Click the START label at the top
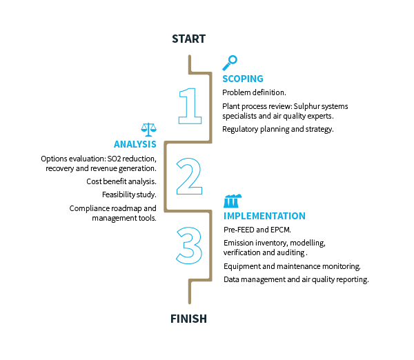coord(188,38)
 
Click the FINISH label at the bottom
coord(188,319)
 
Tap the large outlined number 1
coord(190,104)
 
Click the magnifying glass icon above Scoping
coord(229,63)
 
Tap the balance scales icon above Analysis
coord(148,129)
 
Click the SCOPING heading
coord(242,79)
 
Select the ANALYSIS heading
coord(135,145)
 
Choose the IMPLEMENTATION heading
coord(264,216)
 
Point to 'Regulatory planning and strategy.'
coord(278,129)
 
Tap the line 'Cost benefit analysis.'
coord(121,181)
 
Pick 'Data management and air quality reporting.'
coord(297,279)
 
